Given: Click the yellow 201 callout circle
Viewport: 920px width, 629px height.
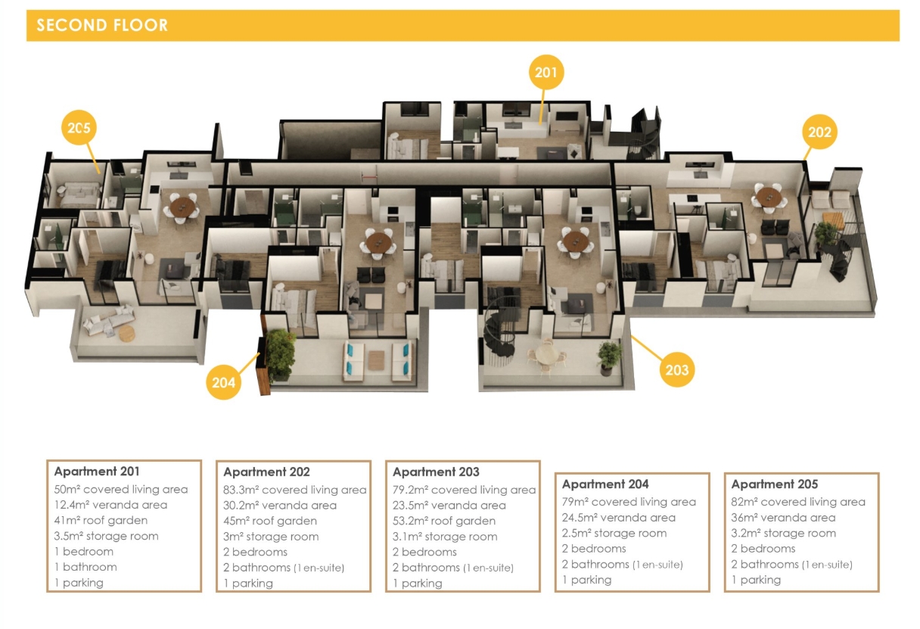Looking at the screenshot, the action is (545, 73).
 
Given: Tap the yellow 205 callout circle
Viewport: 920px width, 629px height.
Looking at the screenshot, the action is (79, 128).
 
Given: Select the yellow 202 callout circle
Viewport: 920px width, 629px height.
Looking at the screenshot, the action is (819, 132).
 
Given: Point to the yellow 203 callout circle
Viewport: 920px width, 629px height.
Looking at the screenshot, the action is (677, 370).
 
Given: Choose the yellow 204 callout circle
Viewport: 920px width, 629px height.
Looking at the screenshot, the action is (223, 382).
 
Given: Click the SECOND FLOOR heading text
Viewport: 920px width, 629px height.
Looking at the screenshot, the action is (102, 26).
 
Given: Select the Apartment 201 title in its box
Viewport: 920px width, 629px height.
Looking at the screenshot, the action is (97, 472).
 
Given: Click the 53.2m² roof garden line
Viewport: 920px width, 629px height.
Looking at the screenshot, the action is (443, 521).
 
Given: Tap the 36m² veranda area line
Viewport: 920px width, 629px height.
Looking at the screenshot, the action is (783, 518).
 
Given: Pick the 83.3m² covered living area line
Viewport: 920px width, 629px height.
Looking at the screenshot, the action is (294, 490).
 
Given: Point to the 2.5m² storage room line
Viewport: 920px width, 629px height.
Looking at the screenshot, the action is (614, 534).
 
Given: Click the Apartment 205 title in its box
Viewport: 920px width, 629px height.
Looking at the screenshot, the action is (774, 484).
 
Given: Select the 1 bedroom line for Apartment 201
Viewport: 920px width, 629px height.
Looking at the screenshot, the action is (84, 551).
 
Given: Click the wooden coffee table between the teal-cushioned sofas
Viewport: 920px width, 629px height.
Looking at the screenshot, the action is (376, 360).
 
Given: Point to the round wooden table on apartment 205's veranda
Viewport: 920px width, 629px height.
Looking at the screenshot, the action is (127, 333).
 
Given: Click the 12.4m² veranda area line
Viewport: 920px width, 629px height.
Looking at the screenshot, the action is (110, 505).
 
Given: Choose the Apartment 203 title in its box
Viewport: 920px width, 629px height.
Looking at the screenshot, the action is (436, 472).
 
